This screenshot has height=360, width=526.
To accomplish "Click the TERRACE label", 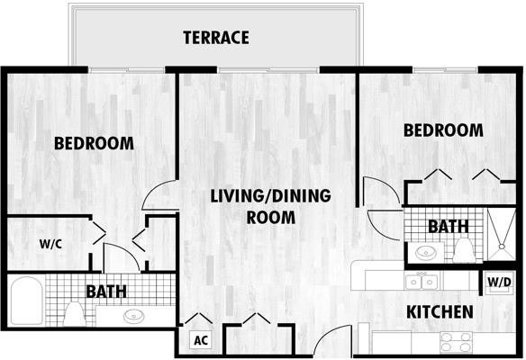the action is (216, 38).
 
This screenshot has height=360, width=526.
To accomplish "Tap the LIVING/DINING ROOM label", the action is (271, 206).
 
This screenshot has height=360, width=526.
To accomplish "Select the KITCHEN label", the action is (440, 312).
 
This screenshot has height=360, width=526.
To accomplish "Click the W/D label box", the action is (500, 283).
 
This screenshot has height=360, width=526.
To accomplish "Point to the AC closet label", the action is (201, 340).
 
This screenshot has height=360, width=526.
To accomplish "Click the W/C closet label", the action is (50, 244).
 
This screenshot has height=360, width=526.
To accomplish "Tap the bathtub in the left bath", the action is (27, 301).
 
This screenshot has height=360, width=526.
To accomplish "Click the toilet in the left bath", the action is (75, 314).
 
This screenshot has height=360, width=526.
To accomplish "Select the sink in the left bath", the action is (133, 316).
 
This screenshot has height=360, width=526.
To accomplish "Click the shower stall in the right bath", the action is (501, 234).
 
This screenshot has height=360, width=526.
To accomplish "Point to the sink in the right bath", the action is (426, 252).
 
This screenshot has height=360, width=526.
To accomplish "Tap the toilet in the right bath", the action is (463, 250).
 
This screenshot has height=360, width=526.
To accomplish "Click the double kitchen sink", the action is (422, 282).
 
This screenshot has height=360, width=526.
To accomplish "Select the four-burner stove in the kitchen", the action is (457, 342).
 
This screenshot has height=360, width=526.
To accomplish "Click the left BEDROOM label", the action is (94, 143).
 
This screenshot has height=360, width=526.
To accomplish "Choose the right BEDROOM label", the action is (443, 130).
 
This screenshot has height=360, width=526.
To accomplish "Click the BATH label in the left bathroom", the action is (106, 292).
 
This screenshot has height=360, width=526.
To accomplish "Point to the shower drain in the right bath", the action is (502, 247).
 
